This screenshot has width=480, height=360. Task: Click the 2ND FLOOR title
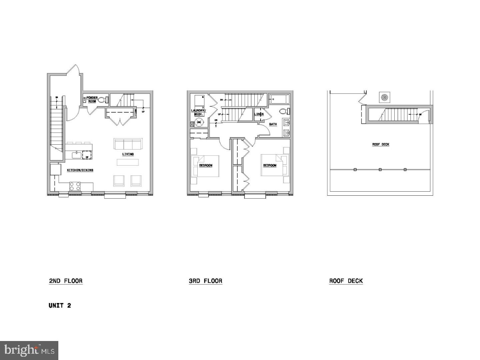point(66,281)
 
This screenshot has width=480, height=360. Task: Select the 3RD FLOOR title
point(205,281)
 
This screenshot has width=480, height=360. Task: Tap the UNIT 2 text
point(60,305)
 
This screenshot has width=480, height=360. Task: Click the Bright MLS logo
point(29,350)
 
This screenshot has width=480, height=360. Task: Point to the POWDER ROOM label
point(92,99)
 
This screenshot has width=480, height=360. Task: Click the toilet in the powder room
point(102,99)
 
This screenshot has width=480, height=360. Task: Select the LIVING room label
point(128,154)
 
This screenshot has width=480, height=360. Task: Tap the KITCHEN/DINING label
point(80,170)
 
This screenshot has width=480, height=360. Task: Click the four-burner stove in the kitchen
point(75,186)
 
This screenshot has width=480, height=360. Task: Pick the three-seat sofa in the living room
point(128,144)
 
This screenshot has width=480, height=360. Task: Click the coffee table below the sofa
point(128,162)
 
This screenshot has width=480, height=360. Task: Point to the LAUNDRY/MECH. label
point(199,112)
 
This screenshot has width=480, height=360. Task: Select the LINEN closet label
point(259,114)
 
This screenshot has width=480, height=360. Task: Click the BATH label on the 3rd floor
point(273,124)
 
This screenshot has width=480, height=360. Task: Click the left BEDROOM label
point(206,165)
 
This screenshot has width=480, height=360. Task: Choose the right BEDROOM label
point(270,165)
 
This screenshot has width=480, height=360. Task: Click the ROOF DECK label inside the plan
point(381,144)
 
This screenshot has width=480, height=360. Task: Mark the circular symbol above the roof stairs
point(384,98)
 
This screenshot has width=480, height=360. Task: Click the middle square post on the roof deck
point(380,170)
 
